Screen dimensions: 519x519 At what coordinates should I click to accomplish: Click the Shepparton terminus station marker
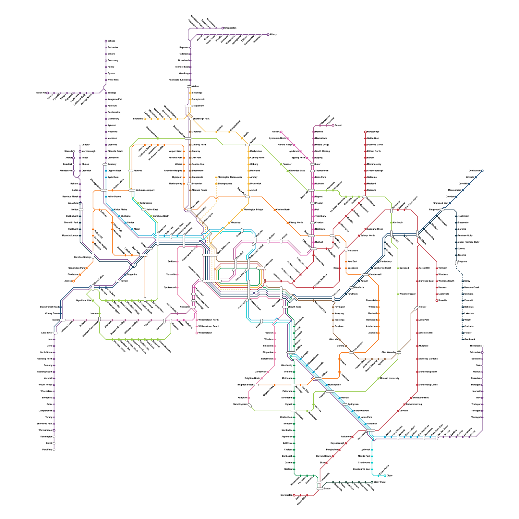point(223,28)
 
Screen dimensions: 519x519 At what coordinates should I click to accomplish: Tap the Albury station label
point(273,34)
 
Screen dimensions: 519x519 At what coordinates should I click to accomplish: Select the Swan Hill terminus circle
point(48,93)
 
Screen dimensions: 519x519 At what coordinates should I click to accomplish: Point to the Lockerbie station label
point(138,119)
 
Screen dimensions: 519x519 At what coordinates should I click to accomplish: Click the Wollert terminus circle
point(281,132)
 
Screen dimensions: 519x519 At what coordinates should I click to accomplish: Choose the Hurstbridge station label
point(373,132)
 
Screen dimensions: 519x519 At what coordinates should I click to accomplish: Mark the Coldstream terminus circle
point(482,171)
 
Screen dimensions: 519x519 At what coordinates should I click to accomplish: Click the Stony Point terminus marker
point(372,482)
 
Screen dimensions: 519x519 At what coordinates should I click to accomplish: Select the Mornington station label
point(286,495)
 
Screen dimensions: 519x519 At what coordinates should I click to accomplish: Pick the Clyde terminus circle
point(385,476)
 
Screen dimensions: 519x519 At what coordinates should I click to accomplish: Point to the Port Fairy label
point(47,450)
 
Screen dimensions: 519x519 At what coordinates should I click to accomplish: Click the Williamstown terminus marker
point(197,333)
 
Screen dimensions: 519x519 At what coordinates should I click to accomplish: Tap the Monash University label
point(390,379)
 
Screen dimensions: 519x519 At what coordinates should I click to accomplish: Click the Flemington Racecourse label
point(230,177)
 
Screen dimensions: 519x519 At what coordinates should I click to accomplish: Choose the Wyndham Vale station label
point(84,301)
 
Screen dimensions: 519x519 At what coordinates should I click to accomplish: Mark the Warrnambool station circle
point(54,430)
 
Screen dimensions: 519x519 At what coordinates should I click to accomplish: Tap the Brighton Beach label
point(246,385)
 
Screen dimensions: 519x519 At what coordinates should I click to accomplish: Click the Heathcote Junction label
point(178,80)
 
